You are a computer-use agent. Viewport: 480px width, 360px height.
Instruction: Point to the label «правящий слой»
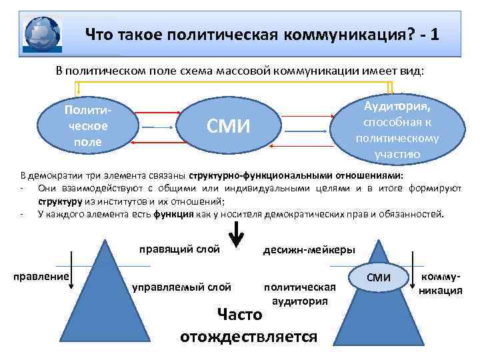click(x=179, y=251)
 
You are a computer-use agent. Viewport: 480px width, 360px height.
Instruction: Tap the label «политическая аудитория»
click(x=300, y=294)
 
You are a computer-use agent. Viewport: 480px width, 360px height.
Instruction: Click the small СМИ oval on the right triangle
click(x=379, y=277)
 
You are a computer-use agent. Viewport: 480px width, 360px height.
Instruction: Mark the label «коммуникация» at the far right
click(x=440, y=283)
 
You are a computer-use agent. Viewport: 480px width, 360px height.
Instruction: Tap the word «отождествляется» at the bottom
click(x=249, y=335)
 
